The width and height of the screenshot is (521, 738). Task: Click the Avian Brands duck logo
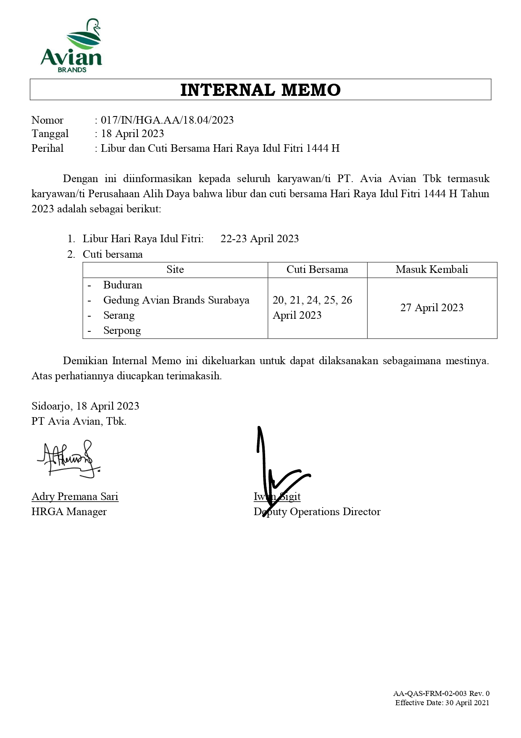click(x=71, y=45)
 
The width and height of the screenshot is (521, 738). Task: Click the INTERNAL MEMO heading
click(x=260, y=90)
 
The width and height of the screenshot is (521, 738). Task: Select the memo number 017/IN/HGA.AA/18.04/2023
click(x=167, y=120)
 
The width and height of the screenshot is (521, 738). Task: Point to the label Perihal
click(x=47, y=148)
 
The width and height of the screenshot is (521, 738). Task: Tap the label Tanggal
click(x=50, y=134)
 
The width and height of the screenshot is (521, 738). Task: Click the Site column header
click(x=175, y=270)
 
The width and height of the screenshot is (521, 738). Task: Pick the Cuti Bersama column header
click(x=317, y=270)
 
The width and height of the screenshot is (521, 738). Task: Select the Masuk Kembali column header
click(x=432, y=270)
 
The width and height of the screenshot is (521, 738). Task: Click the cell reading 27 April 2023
click(x=432, y=308)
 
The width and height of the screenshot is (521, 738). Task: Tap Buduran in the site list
click(x=123, y=285)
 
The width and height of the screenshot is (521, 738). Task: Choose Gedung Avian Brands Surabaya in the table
click(x=176, y=300)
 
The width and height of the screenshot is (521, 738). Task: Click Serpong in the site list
click(x=122, y=331)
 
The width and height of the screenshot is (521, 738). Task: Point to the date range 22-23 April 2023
click(x=259, y=239)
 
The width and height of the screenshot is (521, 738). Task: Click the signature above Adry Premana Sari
click(x=69, y=459)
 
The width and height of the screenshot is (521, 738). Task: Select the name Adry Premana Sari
click(x=75, y=497)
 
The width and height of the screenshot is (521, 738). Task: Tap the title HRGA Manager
click(x=69, y=512)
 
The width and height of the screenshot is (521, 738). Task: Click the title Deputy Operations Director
click(x=317, y=512)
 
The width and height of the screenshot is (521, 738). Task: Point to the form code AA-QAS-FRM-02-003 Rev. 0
click(x=441, y=693)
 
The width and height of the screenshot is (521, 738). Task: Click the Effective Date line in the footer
click(x=442, y=703)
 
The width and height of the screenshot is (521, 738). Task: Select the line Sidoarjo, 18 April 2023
click(x=85, y=406)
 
